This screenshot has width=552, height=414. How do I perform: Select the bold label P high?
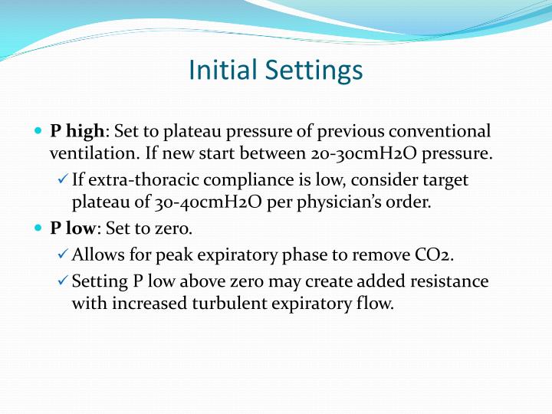(77, 131)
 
